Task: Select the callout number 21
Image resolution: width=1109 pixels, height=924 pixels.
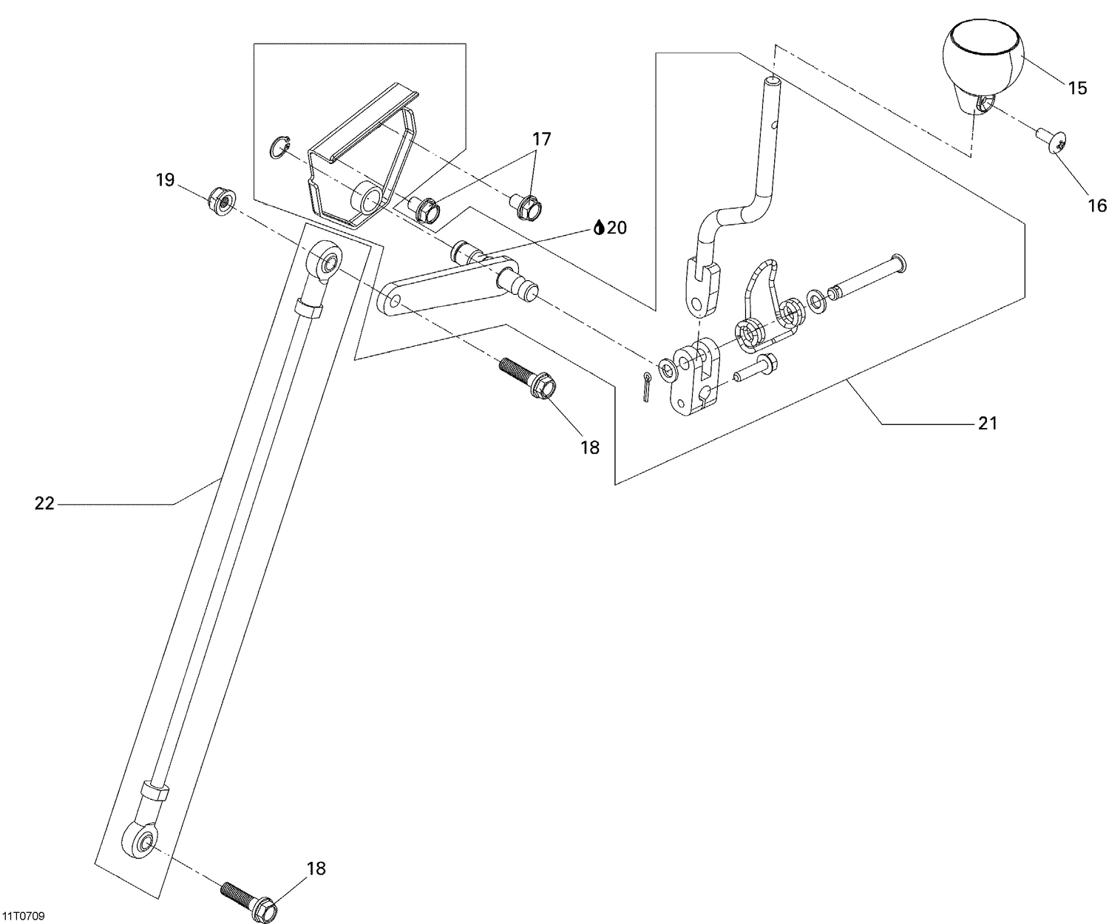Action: [x=988, y=424]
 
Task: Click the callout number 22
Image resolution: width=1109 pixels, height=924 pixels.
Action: [x=44, y=504]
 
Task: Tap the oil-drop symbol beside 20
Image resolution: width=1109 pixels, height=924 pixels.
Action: [x=599, y=228]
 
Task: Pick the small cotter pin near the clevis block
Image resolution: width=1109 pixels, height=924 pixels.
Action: [x=646, y=387]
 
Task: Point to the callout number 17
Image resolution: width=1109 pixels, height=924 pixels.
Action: [x=542, y=138]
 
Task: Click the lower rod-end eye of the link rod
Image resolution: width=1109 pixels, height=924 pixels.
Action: [x=143, y=840]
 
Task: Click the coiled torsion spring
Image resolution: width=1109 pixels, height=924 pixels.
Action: [x=769, y=318]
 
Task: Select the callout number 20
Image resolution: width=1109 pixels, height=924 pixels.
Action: [x=617, y=228]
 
